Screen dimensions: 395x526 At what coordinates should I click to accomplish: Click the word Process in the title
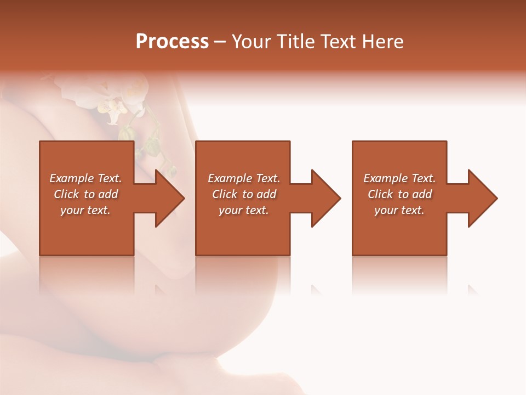[x=172, y=42]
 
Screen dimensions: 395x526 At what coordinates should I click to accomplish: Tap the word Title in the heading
[x=295, y=42]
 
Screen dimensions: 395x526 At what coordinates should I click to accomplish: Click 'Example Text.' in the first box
[x=85, y=178]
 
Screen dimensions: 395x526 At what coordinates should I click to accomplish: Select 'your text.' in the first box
[x=85, y=210]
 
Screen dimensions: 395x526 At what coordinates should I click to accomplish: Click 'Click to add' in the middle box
[x=244, y=194]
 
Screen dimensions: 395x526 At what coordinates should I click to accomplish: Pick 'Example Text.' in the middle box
[x=244, y=178]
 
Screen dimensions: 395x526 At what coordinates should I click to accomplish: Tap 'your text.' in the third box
[x=399, y=210]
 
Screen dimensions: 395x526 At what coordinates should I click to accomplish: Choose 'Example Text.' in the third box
[x=399, y=178]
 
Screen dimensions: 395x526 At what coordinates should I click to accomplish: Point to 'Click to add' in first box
[x=85, y=194]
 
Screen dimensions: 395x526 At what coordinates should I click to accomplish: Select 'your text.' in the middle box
[x=244, y=210]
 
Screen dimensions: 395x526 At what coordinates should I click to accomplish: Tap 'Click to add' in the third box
[x=399, y=194]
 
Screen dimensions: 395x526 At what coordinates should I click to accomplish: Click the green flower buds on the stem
[x=151, y=145]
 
